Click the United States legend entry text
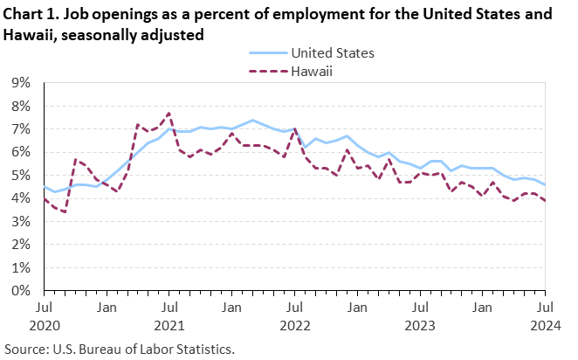click(333, 53)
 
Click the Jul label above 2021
click(169, 308)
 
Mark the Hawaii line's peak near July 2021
click(169, 114)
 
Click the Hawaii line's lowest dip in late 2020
click(65, 211)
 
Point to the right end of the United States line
click(546, 184)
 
